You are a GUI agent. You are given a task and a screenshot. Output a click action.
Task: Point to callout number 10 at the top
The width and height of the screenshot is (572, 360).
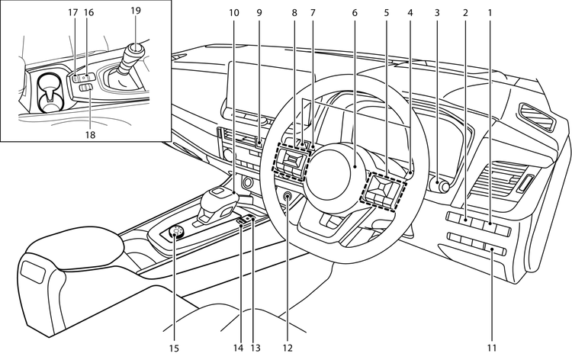click(233, 13)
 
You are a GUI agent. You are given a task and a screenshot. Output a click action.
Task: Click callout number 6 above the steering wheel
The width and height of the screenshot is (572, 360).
click(355, 13)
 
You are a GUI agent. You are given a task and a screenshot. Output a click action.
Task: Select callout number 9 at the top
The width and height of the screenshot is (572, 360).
click(259, 13)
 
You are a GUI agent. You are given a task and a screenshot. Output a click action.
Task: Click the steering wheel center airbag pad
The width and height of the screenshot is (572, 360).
click(334, 163)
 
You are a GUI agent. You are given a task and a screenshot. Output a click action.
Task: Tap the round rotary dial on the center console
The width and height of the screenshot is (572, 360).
click(178, 233)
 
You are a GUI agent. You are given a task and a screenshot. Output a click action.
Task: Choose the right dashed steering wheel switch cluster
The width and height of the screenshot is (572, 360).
click(384, 191)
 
